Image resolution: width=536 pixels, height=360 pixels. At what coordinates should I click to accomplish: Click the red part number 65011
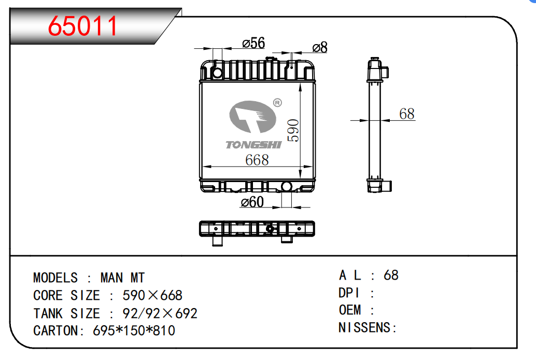click(x=83, y=26)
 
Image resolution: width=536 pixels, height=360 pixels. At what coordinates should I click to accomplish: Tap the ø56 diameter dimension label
click(x=253, y=44)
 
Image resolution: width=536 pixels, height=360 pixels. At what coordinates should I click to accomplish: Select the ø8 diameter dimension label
click(x=319, y=48)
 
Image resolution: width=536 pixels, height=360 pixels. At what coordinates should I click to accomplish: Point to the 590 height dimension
click(x=293, y=130)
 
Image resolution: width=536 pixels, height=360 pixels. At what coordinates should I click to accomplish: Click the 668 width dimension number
click(x=257, y=160)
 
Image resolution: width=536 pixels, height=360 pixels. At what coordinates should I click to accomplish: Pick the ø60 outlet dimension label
click(x=252, y=202)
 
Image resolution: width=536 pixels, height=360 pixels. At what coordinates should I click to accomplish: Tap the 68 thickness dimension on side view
click(x=407, y=114)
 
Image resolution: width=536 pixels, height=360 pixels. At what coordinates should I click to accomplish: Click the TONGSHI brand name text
click(x=253, y=145)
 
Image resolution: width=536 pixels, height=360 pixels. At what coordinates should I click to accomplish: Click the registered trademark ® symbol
click(x=277, y=103)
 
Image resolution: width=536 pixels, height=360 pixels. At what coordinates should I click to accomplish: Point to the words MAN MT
click(x=122, y=278)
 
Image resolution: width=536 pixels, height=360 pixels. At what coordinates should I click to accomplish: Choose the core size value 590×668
click(x=152, y=296)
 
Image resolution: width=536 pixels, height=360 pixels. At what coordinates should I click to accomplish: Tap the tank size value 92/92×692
click(x=160, y=314)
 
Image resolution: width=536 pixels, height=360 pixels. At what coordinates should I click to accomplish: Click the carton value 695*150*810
click(x=134, y=330)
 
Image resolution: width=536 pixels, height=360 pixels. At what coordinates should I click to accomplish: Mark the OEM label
click(x=350, y=310)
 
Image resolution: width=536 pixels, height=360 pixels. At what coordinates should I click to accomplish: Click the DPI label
click(x=350, y=293)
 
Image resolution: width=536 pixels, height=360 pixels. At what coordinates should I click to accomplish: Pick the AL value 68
click(x=391, y=275)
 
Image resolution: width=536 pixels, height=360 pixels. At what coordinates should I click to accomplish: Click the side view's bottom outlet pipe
click(x=388, y=185)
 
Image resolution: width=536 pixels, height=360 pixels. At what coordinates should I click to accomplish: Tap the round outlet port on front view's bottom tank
click(x=287, y=186)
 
